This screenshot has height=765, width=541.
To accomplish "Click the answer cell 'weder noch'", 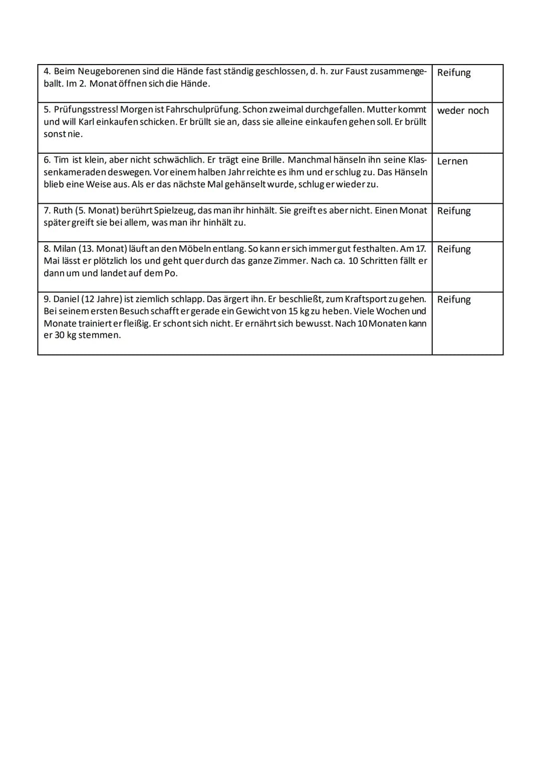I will click(x=463, y=111).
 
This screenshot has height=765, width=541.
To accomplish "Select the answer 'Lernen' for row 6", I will click(x=452, y=161).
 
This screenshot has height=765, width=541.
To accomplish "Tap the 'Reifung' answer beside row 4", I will click(x=454, y=73).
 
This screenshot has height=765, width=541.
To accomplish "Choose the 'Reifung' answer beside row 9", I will click(x=454, y=299).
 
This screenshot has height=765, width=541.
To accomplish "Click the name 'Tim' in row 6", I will click(x=61, y=160).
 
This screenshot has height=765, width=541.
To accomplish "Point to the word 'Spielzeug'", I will click(x=174, y=211).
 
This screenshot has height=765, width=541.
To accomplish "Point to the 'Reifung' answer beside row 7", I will click(x=454, y=211).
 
